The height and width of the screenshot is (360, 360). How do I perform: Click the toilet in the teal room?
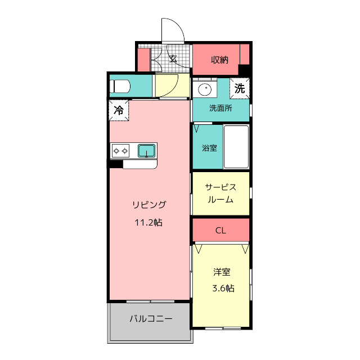coord(120,86)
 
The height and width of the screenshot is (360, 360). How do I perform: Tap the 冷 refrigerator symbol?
coord(119,110)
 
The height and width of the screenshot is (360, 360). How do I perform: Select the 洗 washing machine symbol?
coord(240,88)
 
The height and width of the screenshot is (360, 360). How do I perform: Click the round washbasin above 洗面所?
coord(205,89)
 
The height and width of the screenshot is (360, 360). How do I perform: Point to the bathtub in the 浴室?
coord(236,146)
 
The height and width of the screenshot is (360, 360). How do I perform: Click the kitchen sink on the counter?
coord(147,150)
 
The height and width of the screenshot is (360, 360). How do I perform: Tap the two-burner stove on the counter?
coord(120,150)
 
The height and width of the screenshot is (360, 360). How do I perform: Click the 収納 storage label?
coord(219,60)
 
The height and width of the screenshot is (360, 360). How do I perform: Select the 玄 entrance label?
coord(173,58)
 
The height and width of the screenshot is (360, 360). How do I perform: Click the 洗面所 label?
coord(220,108)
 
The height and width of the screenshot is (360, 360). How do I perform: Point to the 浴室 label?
coord(209,148)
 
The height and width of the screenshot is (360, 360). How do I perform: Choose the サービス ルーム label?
coord(220,193)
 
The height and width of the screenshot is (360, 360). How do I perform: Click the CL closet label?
coord(220,231)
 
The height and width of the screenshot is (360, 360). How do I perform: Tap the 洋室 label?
coord(222,273)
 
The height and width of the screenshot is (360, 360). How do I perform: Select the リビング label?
coord(149,204)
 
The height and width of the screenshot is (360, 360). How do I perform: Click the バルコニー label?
coord(151,319)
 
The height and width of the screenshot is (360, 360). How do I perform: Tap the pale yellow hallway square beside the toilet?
coord(172,85)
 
